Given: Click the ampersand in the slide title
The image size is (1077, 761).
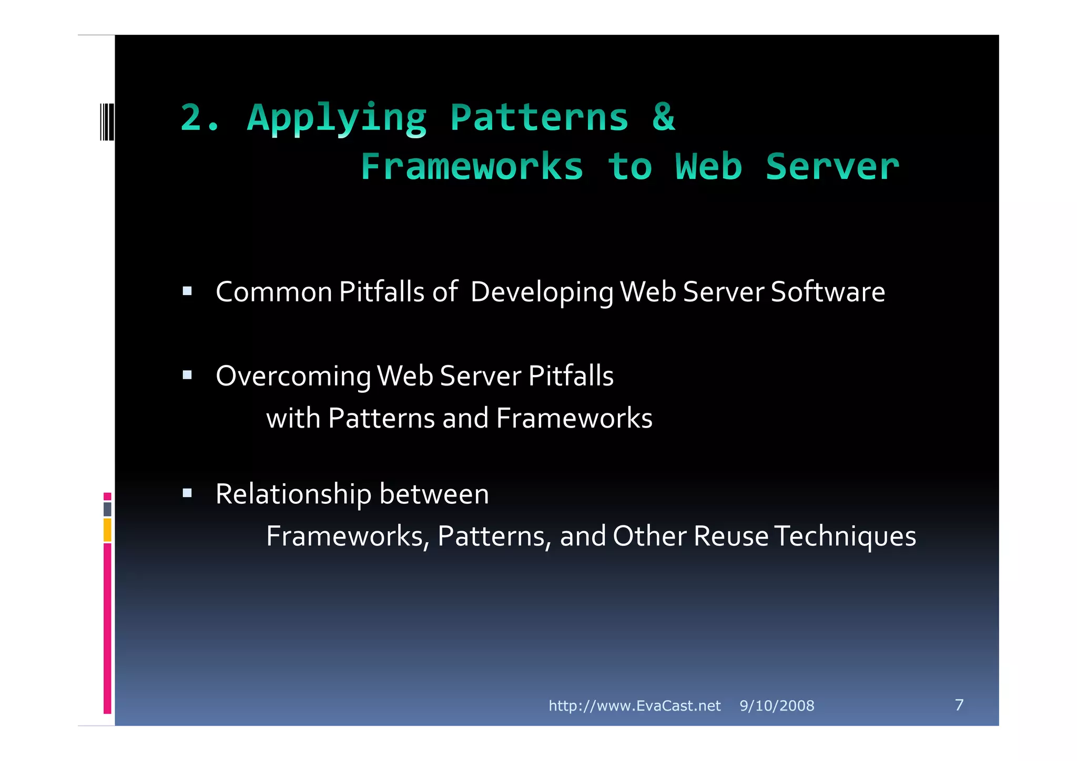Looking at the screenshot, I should pyautogui.click(x=664, y=117).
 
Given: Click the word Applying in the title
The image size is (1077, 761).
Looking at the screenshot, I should pyautogui.click(x=337, y=118).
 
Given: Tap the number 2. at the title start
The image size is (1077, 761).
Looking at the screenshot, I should pyautogui.click(x=200, y=117).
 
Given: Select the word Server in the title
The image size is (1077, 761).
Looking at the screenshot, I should pyautogui.click(x=832, y=167).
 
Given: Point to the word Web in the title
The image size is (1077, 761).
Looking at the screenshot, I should pyautogui.click(x=708, y=167).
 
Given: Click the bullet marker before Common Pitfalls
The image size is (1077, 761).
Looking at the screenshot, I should pyautogui.click(x=187, y=291).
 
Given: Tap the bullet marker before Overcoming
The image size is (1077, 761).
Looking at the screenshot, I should pyautogui.click(x=187, y=375).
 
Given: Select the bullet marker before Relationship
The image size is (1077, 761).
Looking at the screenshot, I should pyautogui.click(x=187, y=493).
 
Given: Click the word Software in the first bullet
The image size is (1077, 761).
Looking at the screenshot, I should pyautogui.click(x=828, y=292).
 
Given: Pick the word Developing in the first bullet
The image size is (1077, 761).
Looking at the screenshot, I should pyautogui.click(x=542, y=293).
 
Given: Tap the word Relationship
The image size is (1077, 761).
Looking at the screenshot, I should pyautogui.click(x=293, y=495).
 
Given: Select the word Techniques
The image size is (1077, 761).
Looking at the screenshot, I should pyautogui.click(x=845, y=537).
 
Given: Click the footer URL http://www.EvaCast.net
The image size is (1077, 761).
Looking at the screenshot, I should pyautogui.click(x=634, y=706).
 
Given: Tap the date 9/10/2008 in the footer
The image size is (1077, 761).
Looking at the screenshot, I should pyautogui.click(x=777, y=706).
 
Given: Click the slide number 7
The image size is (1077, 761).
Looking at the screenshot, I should pyautogui.click(x=959, y=705).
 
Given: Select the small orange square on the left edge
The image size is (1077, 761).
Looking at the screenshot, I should pyautogui.click(x=107, y=530).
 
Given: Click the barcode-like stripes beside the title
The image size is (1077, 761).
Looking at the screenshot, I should pyautogui.click(x=107, y=122).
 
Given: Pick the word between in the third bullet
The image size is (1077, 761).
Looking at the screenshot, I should pyautogui.click(x=434, y=494).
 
